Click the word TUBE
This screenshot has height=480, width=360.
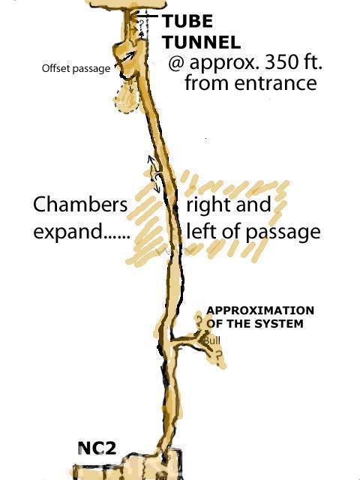pos(187,22)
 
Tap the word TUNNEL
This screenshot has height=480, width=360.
pos(202,42)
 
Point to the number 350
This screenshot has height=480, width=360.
pos(278,62)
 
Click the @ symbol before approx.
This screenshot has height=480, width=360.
pos(177,63)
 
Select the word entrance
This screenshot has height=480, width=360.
pos(275,83)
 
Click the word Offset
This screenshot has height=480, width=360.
pos(55,68)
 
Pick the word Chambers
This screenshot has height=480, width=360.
pos(80,204)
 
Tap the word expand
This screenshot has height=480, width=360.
pos(67,232)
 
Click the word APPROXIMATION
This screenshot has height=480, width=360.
pos(260,310)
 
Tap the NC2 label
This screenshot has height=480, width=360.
pos(97,448)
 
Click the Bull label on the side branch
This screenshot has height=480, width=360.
pos(212,340)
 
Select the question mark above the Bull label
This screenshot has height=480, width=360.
pos(199,322)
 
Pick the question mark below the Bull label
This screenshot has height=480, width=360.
pos(218,356)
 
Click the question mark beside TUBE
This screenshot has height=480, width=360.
pos(142,23)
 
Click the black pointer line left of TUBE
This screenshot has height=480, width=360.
pos(147,16)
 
